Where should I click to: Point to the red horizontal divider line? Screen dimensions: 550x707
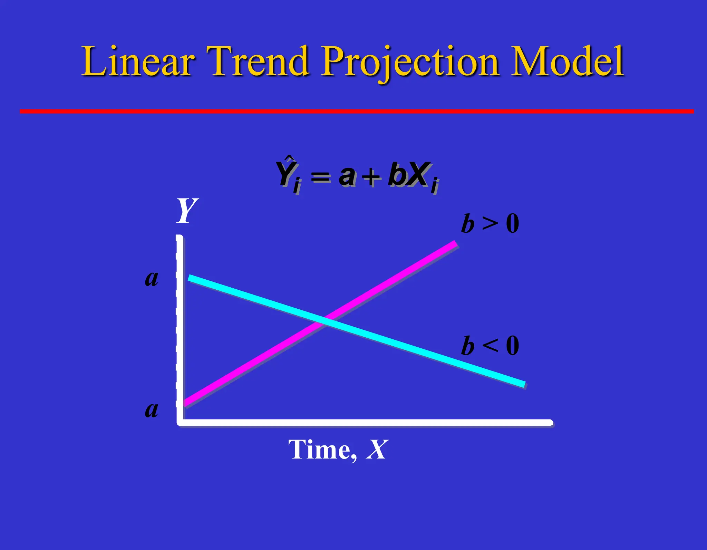357,111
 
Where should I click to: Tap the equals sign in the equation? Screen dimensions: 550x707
321,177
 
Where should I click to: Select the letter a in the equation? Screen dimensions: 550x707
347,175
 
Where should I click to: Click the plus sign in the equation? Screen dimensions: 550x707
371,177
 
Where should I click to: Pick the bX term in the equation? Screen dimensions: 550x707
409,174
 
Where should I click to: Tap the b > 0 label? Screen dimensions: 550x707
490,223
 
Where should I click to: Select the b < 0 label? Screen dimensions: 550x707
490,346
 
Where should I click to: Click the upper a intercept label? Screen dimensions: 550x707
152,278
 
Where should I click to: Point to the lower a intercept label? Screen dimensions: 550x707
152,409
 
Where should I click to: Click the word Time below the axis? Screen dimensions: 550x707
322,450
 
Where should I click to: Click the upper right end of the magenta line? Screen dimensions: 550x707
455,244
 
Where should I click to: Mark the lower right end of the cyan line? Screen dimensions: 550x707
523,384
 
